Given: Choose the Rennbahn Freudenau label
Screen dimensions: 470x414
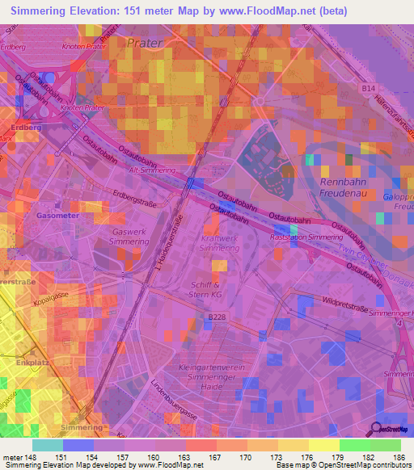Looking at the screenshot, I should click(340, 187).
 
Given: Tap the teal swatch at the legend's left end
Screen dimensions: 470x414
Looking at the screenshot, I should click(48, 445).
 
